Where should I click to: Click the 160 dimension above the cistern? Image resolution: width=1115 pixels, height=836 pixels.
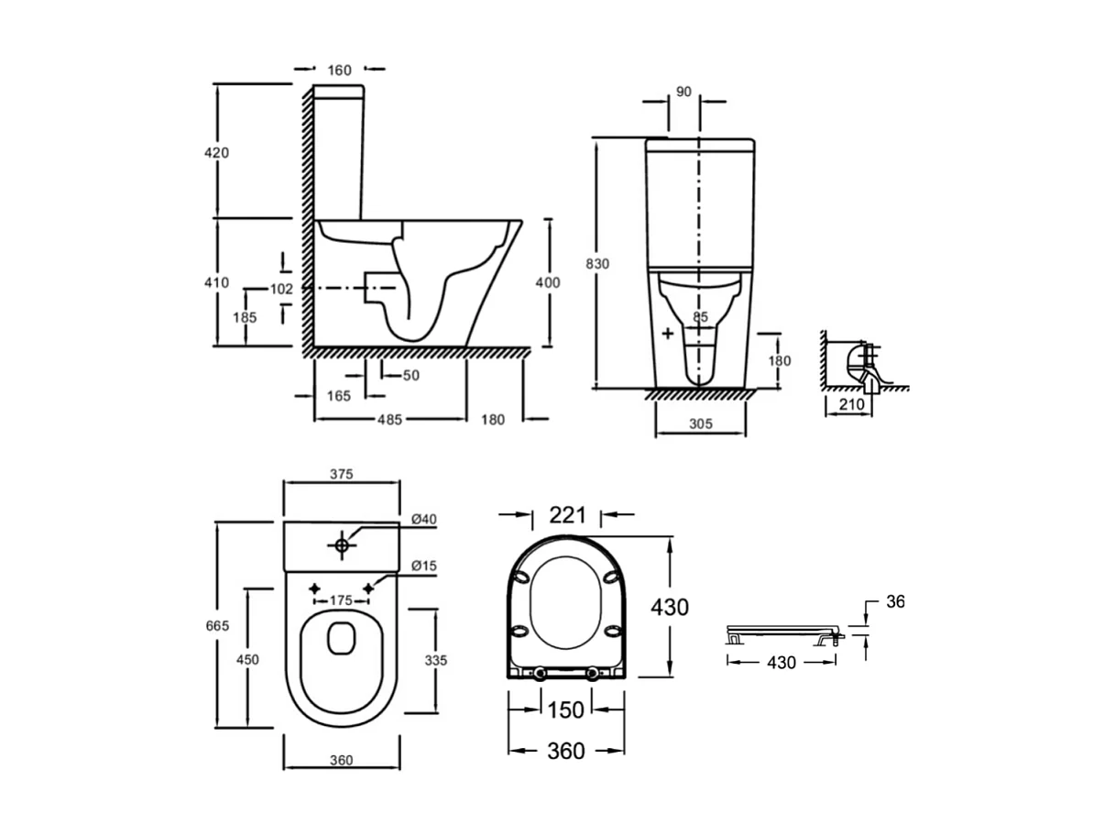click(339, 71)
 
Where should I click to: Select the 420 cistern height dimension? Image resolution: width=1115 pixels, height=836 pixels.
click(216, 152)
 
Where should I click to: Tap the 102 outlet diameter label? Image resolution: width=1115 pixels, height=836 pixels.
click(281, 289)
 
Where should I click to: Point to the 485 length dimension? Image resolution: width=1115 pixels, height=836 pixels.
click(389, 420)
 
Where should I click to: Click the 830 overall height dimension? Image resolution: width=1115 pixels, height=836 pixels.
click(596, 264)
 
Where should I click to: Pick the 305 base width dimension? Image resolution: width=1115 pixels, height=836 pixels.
click(701, 423)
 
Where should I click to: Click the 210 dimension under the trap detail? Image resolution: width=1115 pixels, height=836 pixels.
click(851, 404)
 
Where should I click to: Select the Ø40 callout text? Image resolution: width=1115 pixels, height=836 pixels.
click(423, 519)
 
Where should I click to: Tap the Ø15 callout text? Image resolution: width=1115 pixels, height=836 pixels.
click(423, 566)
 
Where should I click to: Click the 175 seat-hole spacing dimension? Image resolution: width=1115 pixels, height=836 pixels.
click(341, 600)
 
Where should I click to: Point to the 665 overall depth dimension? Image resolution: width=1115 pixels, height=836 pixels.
click(217, 625)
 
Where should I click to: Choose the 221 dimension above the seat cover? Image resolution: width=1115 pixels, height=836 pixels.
click(567, 515)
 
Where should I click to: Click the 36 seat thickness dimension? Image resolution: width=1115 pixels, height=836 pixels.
click(895, 601)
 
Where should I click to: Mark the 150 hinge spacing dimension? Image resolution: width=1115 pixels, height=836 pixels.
click(566, 710)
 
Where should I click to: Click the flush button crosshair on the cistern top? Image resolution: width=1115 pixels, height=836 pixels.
click(342, 545)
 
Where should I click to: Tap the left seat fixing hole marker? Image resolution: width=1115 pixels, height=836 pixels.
click(314, 588)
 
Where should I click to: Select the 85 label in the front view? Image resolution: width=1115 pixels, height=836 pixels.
click(700, 317)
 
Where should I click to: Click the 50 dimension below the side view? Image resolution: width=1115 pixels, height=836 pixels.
click(411, 376)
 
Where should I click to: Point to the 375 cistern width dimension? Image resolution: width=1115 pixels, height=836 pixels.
click(341, 474)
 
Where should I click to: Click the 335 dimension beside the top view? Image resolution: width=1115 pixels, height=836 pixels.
click(435, 660)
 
